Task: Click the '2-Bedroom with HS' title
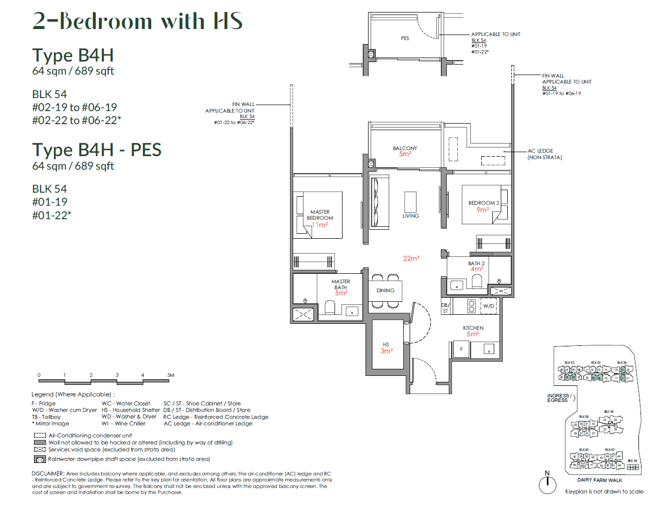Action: (x=137, y=21)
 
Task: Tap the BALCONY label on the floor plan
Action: (x=405, y=149)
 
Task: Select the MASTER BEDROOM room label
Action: (x=319, y=215)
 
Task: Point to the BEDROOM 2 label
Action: (x=483, y=203)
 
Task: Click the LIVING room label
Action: (x=410, y=216)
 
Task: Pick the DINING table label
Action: (x=385, y=291)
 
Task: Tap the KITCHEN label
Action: (x=473, y=328)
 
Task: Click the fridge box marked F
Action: (x=461, y=349)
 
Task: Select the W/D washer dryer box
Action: (x=488, y=306)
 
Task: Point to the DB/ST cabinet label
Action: (x=445, y=308)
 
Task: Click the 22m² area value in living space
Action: (x=411, y=259)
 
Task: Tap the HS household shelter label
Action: (x=386, y=345)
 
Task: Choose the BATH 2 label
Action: (x=476, y=263)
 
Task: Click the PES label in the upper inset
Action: (x=405, y=39)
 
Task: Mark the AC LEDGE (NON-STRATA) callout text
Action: (x=544, y=154)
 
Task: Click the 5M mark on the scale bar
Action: (x=170, y=375)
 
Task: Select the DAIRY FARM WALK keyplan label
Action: (x=599, y=480)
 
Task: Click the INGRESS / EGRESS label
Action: (x=558, y=398)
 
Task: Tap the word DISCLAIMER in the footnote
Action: (x=48, y=473)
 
